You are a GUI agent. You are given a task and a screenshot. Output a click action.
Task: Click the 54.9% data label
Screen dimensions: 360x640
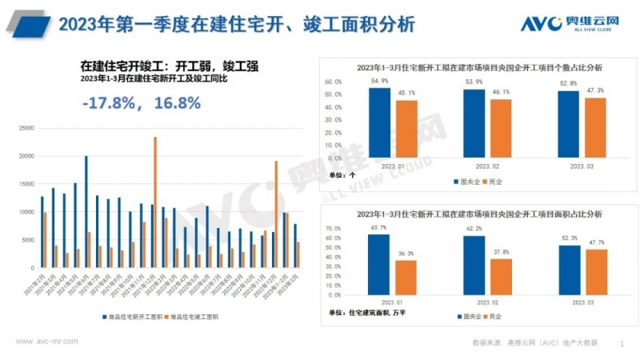379,82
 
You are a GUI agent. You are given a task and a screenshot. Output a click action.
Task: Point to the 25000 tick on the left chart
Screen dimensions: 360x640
26,128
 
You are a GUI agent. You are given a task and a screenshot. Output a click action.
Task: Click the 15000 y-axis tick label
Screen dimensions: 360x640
26,184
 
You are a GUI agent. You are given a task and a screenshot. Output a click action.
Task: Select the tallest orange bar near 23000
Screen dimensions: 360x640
155,200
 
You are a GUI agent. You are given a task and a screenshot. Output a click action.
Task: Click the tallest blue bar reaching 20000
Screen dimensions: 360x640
86,210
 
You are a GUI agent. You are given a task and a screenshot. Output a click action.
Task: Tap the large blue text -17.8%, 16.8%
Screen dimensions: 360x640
141,103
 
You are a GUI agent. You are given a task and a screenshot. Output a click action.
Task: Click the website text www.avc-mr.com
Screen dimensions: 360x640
47,342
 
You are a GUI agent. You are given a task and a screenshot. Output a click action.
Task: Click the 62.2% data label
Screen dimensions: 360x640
474,229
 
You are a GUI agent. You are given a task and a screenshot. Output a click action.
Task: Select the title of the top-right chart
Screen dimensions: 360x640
478,68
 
